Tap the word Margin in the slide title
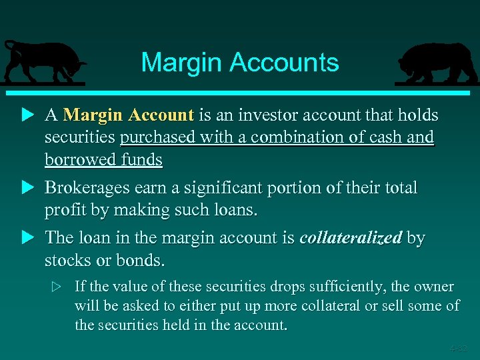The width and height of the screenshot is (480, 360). click(x=182, y=63)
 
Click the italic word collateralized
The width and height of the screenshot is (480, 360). click(x=351, y=238)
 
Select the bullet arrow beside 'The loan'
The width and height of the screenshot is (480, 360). click(x=27, y=238)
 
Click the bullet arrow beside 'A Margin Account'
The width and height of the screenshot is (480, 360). click(x=27, y=115)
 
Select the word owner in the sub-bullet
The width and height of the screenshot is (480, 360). click(x=434, y=287)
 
